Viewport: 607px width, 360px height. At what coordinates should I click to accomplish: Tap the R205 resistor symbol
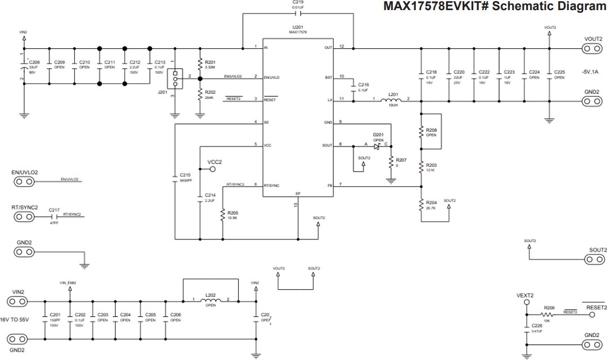[223, 215]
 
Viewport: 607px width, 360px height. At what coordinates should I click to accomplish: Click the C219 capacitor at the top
[298, 13]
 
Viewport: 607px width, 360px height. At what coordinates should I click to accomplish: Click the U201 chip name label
[298, 27]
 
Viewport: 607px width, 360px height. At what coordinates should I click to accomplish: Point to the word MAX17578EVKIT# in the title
[431, 7]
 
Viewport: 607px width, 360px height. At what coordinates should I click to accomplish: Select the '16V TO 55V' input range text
[21, 319]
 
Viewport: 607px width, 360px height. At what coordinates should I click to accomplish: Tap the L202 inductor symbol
[210, 301]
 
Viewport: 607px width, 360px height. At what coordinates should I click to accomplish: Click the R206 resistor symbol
[549, 315]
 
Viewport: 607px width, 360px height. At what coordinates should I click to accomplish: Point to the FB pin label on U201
[330, 185]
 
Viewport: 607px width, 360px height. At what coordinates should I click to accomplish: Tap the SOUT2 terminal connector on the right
[591, 259]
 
